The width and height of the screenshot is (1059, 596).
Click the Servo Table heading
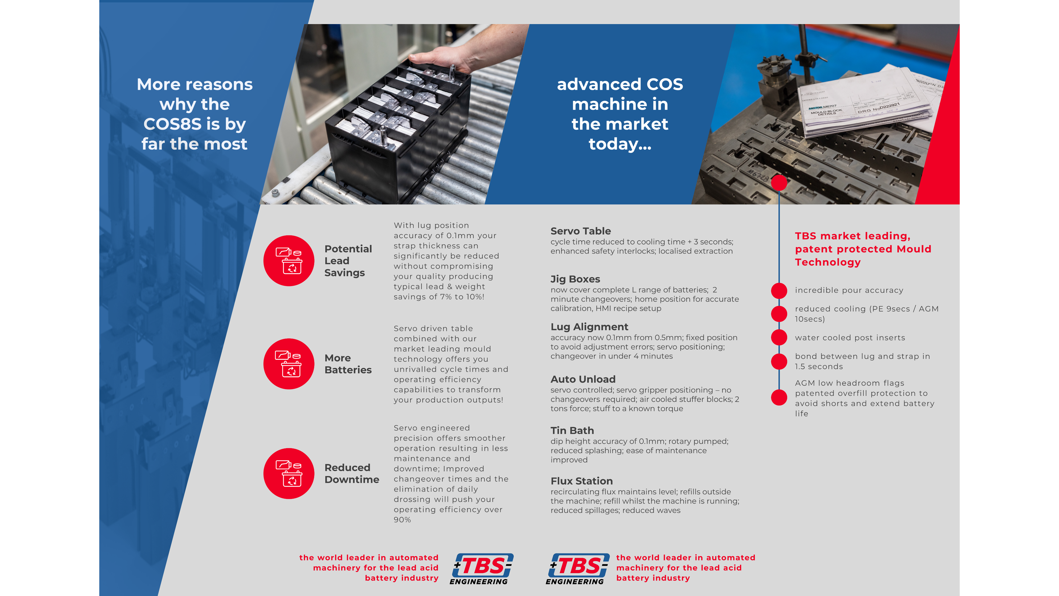pyautogui.click(x=581, y=231)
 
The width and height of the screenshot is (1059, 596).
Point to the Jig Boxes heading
pyautogui.click(x=575, y=279)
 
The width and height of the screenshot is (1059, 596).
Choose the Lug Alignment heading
pyautogui.click(x=589, y=327)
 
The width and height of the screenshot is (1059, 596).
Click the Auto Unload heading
pyautogui.click(x=583, y=379)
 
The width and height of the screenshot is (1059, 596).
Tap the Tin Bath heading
pyautogui.click(x=572, y=431)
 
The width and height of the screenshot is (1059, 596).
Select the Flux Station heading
pyautogui.click(x=582, y=481)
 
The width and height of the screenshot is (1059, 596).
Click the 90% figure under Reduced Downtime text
pyautogui.click(x=402, y=520)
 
